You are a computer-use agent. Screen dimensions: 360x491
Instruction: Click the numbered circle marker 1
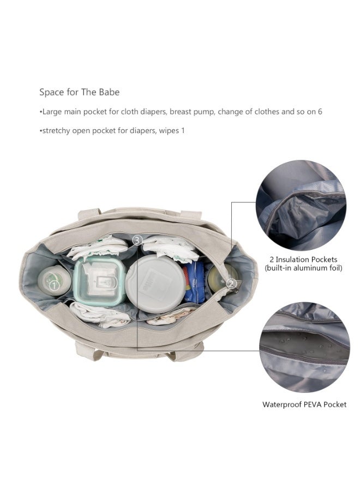click(x=55, y=285)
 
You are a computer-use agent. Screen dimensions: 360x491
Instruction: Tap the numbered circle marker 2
click(x=231, y=284)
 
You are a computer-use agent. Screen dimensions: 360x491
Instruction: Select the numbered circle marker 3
click(x=137, y=241)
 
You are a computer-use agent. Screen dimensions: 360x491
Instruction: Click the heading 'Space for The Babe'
click(x=80, y=92)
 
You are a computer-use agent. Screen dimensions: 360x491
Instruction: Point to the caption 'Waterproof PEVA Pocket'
click(x=304, y=404)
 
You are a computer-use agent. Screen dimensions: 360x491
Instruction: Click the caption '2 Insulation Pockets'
click(x=303, y=259)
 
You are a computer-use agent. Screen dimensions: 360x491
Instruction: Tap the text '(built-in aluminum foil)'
click(x=303, y=268)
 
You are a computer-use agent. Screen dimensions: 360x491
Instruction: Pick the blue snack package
click(x=193, y=282)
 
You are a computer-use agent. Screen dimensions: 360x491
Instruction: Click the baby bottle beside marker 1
click(x=54, y=280)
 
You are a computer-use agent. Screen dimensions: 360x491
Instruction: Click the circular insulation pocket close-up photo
click(x=301, y=205)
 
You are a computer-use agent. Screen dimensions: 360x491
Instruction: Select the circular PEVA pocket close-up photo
click(x=304, y=347)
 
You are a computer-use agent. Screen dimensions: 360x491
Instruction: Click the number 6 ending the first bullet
click(x=320, y=111)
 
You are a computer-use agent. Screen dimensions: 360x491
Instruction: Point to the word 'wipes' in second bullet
click(x=169, y=130)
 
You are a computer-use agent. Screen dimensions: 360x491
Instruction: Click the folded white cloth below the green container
click(x=99, y=314)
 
